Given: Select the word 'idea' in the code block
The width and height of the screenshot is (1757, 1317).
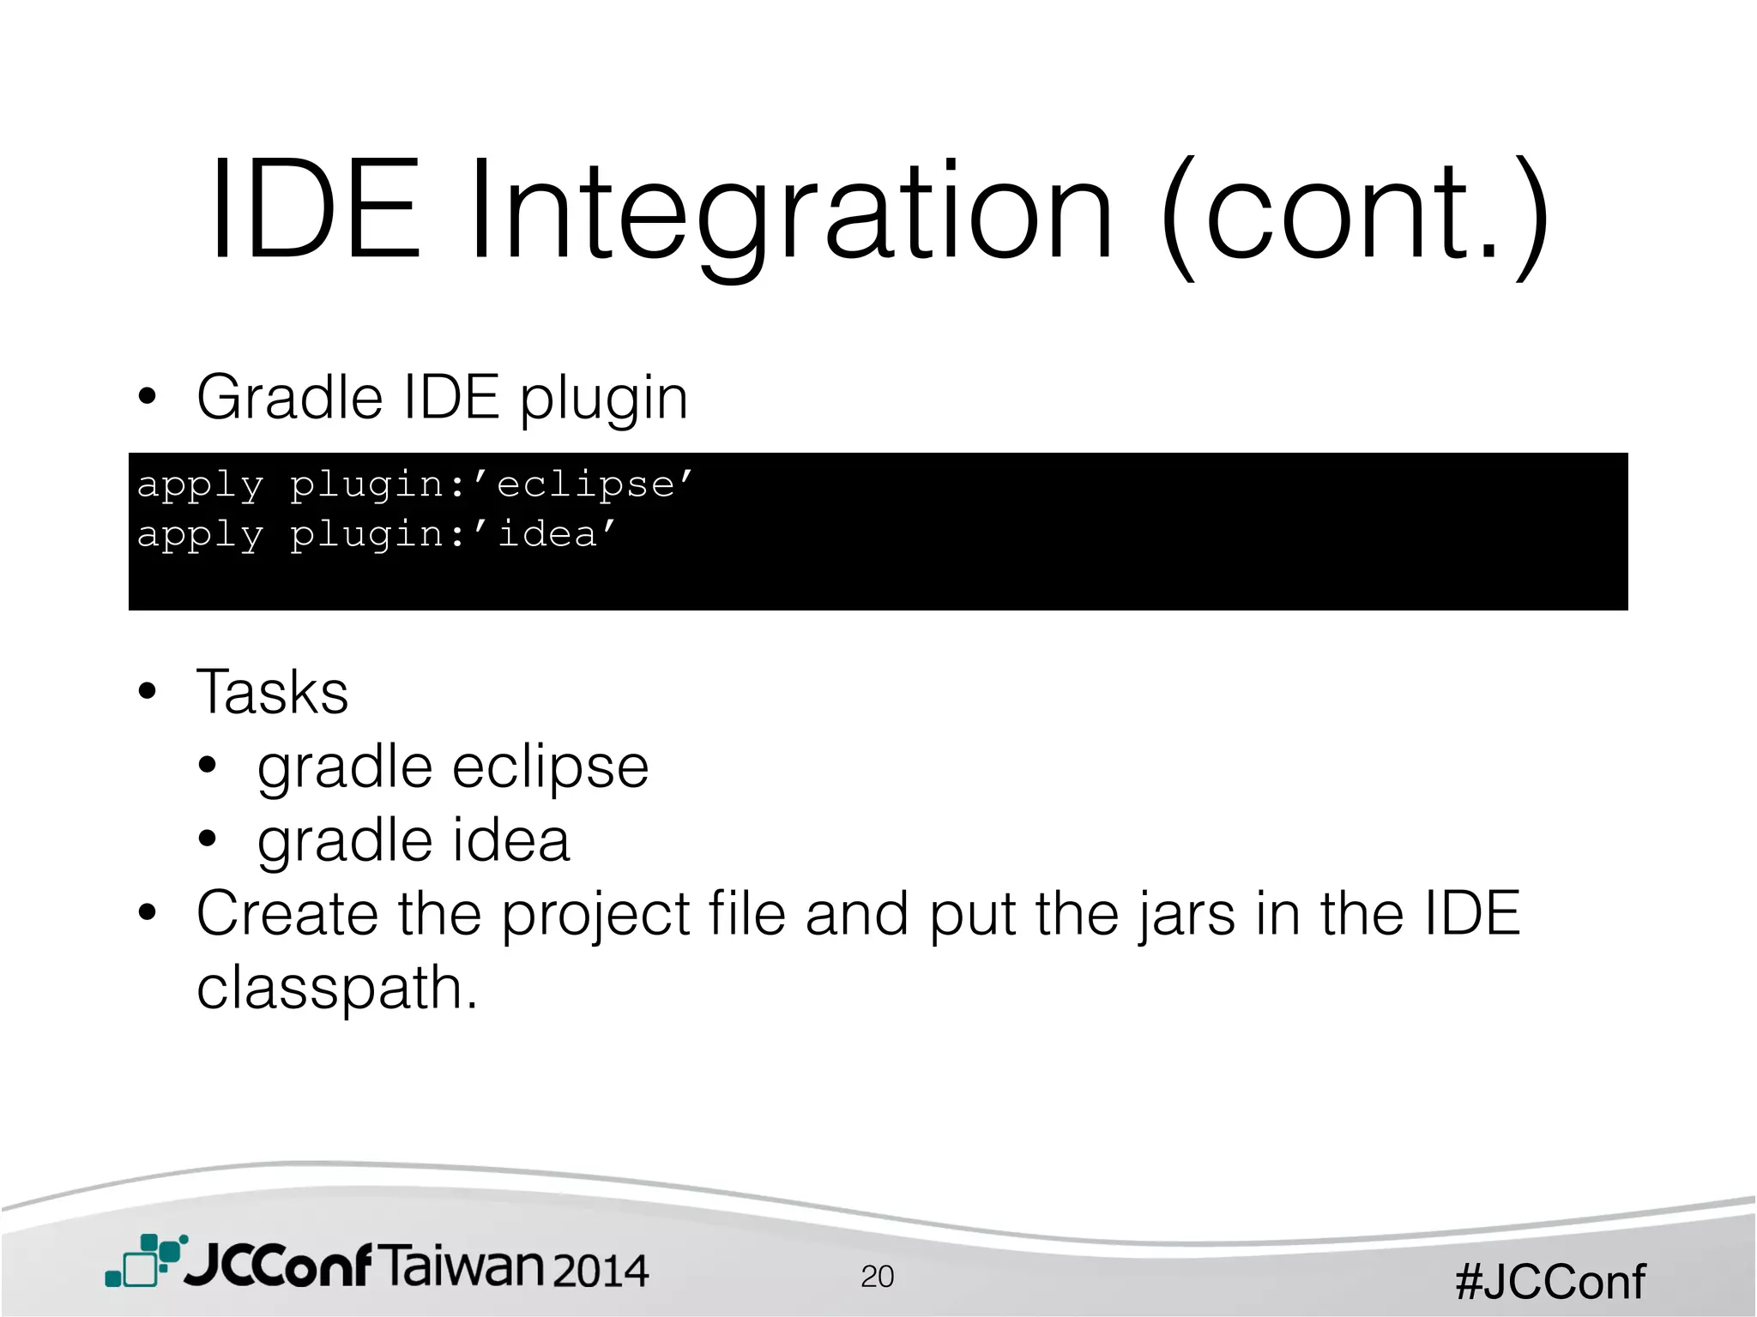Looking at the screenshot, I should pos(546,534).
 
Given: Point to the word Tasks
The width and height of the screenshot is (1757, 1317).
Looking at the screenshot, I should pos(272,692).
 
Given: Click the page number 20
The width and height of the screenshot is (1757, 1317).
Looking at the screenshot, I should pos(877,1277).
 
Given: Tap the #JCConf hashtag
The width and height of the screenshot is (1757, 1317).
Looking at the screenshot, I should pos(1549,1282).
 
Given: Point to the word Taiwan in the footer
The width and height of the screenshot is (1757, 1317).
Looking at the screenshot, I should pos(461,1266).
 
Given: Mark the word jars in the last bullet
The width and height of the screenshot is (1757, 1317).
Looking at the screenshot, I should pos(1187,915).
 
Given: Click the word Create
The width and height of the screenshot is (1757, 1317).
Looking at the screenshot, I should pos(287,913).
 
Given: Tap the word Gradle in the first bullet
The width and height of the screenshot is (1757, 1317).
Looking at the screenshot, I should pos(289,398).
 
